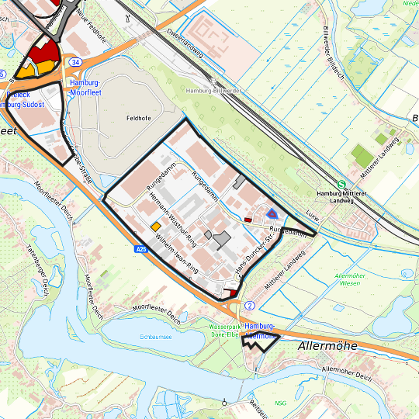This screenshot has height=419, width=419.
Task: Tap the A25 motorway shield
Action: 140,249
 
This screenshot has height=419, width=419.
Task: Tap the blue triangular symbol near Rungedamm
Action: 271,213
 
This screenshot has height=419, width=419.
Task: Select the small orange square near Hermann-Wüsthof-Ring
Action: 155,226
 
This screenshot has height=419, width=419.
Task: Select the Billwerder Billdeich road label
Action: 332,40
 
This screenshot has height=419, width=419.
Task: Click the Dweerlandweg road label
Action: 184,40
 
